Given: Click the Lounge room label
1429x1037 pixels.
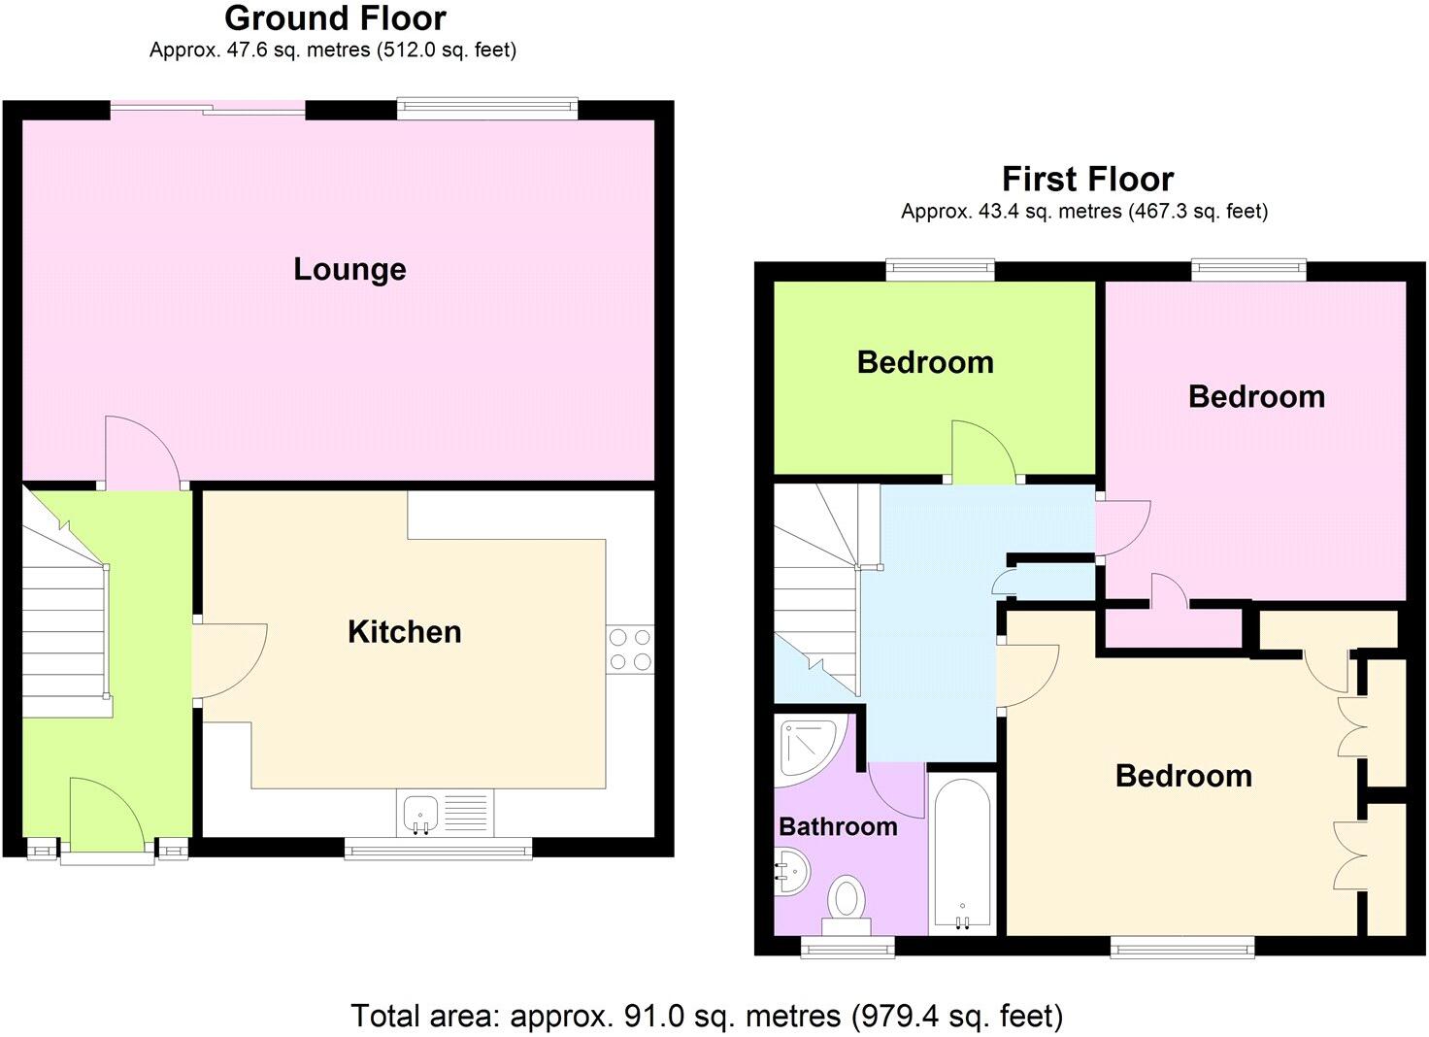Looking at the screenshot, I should coord(349,269).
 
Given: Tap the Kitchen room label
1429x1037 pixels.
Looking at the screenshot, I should coord(404,631).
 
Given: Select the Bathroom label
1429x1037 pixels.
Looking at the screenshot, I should coord(838,826).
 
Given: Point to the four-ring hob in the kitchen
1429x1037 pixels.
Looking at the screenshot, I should coord(629,650).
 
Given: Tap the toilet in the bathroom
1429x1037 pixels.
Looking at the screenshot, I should coord(847,899).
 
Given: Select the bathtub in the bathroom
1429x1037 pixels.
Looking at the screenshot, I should coord(961,854).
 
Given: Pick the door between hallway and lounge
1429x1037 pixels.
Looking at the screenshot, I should coord(141,452).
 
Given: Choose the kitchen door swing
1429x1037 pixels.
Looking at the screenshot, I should coord(228,660).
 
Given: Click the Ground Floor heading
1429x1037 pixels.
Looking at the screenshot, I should coord(335,18).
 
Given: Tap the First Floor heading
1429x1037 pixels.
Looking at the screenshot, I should coord(1087,180).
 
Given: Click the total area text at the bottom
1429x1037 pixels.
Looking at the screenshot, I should coord(706,1016).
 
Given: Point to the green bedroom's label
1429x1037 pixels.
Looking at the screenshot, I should coord(924,362).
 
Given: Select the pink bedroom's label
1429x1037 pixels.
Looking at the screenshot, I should coord(1256,396).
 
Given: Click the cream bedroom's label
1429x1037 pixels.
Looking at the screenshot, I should coord(1182,776).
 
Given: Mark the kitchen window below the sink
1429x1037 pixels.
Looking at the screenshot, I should coord(438,850).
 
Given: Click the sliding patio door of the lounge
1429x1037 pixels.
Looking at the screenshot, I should coord(208,109).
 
